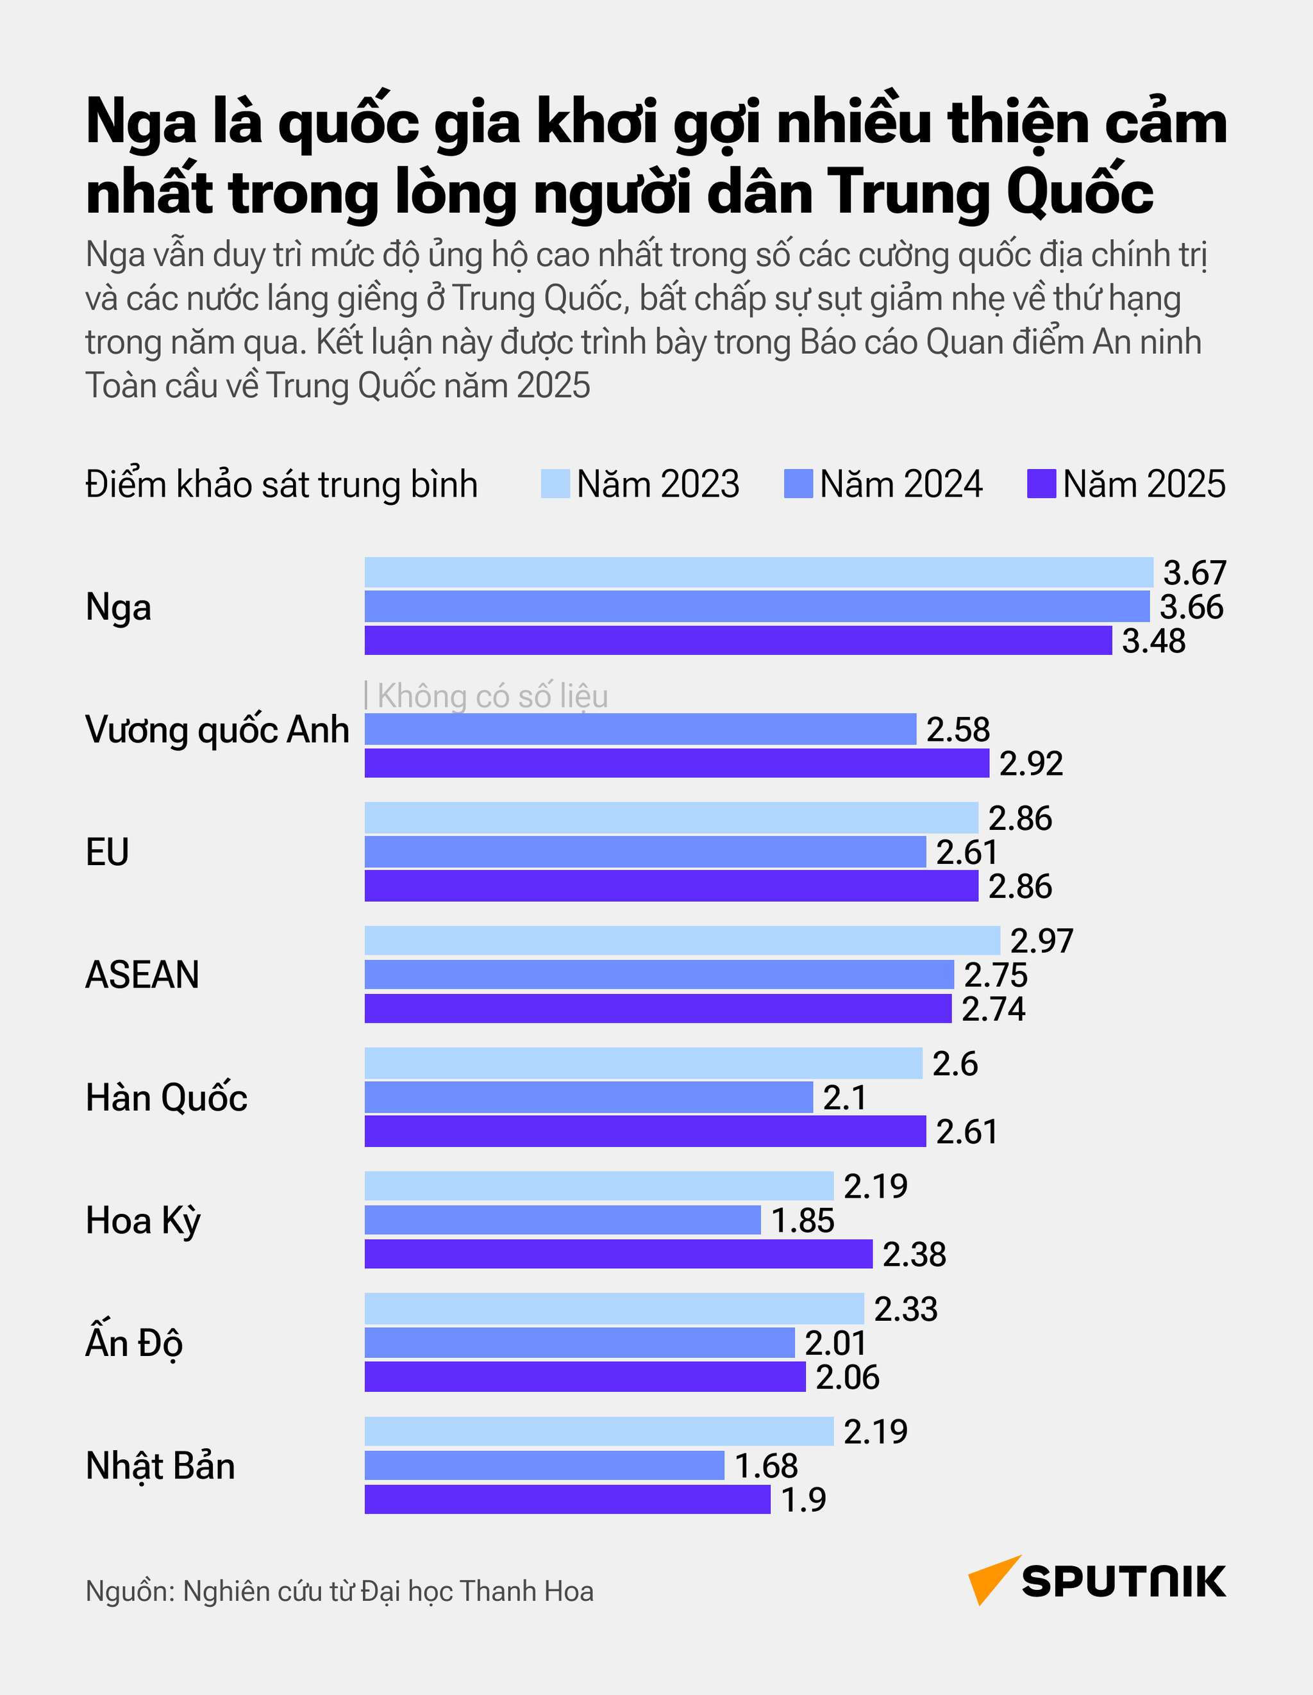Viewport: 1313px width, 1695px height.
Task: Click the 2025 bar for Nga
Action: click(738, 640)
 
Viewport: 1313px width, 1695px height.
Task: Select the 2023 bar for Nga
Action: click(758, 572)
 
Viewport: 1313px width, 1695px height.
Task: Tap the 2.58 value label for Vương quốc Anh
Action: click(957, 729)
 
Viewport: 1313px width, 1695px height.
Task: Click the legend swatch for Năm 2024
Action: click(798, 484)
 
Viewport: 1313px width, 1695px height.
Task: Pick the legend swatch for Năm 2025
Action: click(1041, 484)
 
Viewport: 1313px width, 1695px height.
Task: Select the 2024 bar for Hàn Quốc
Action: click(589, 1097)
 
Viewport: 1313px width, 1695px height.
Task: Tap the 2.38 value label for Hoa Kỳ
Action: click(914, 1254)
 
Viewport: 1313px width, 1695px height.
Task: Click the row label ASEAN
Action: click(142, 975)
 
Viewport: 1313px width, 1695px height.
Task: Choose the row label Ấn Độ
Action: click(133, 1343)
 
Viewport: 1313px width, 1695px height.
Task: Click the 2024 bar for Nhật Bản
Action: click(544, 1466)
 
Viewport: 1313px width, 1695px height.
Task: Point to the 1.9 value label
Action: click(803, 1500)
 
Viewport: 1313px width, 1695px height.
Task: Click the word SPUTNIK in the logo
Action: click(1123, 1582)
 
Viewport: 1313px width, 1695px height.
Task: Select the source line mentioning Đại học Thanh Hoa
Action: click(339, 1591)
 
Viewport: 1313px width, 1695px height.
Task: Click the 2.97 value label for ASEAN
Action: click(1041, 941)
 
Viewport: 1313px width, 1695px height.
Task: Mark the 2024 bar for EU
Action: click(644, 852)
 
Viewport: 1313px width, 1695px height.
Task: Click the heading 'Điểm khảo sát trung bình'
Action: click(281, 484)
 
